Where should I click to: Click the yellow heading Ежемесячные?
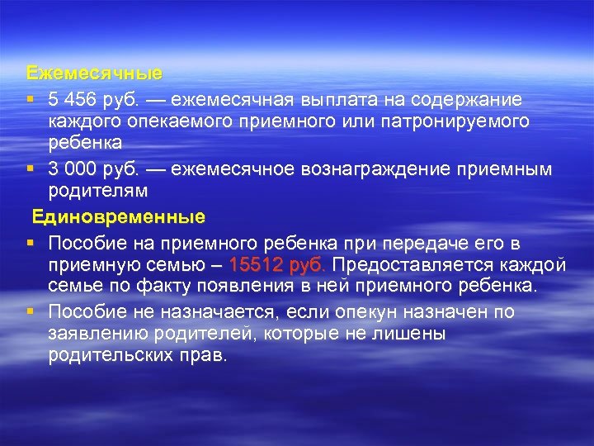[94, 74]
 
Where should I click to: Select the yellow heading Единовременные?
[119, 218]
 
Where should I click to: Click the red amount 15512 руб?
[278, 265]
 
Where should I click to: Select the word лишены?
[416, 333]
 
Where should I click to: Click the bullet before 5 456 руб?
[30, 100]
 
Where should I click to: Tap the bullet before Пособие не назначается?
[30, 311]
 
